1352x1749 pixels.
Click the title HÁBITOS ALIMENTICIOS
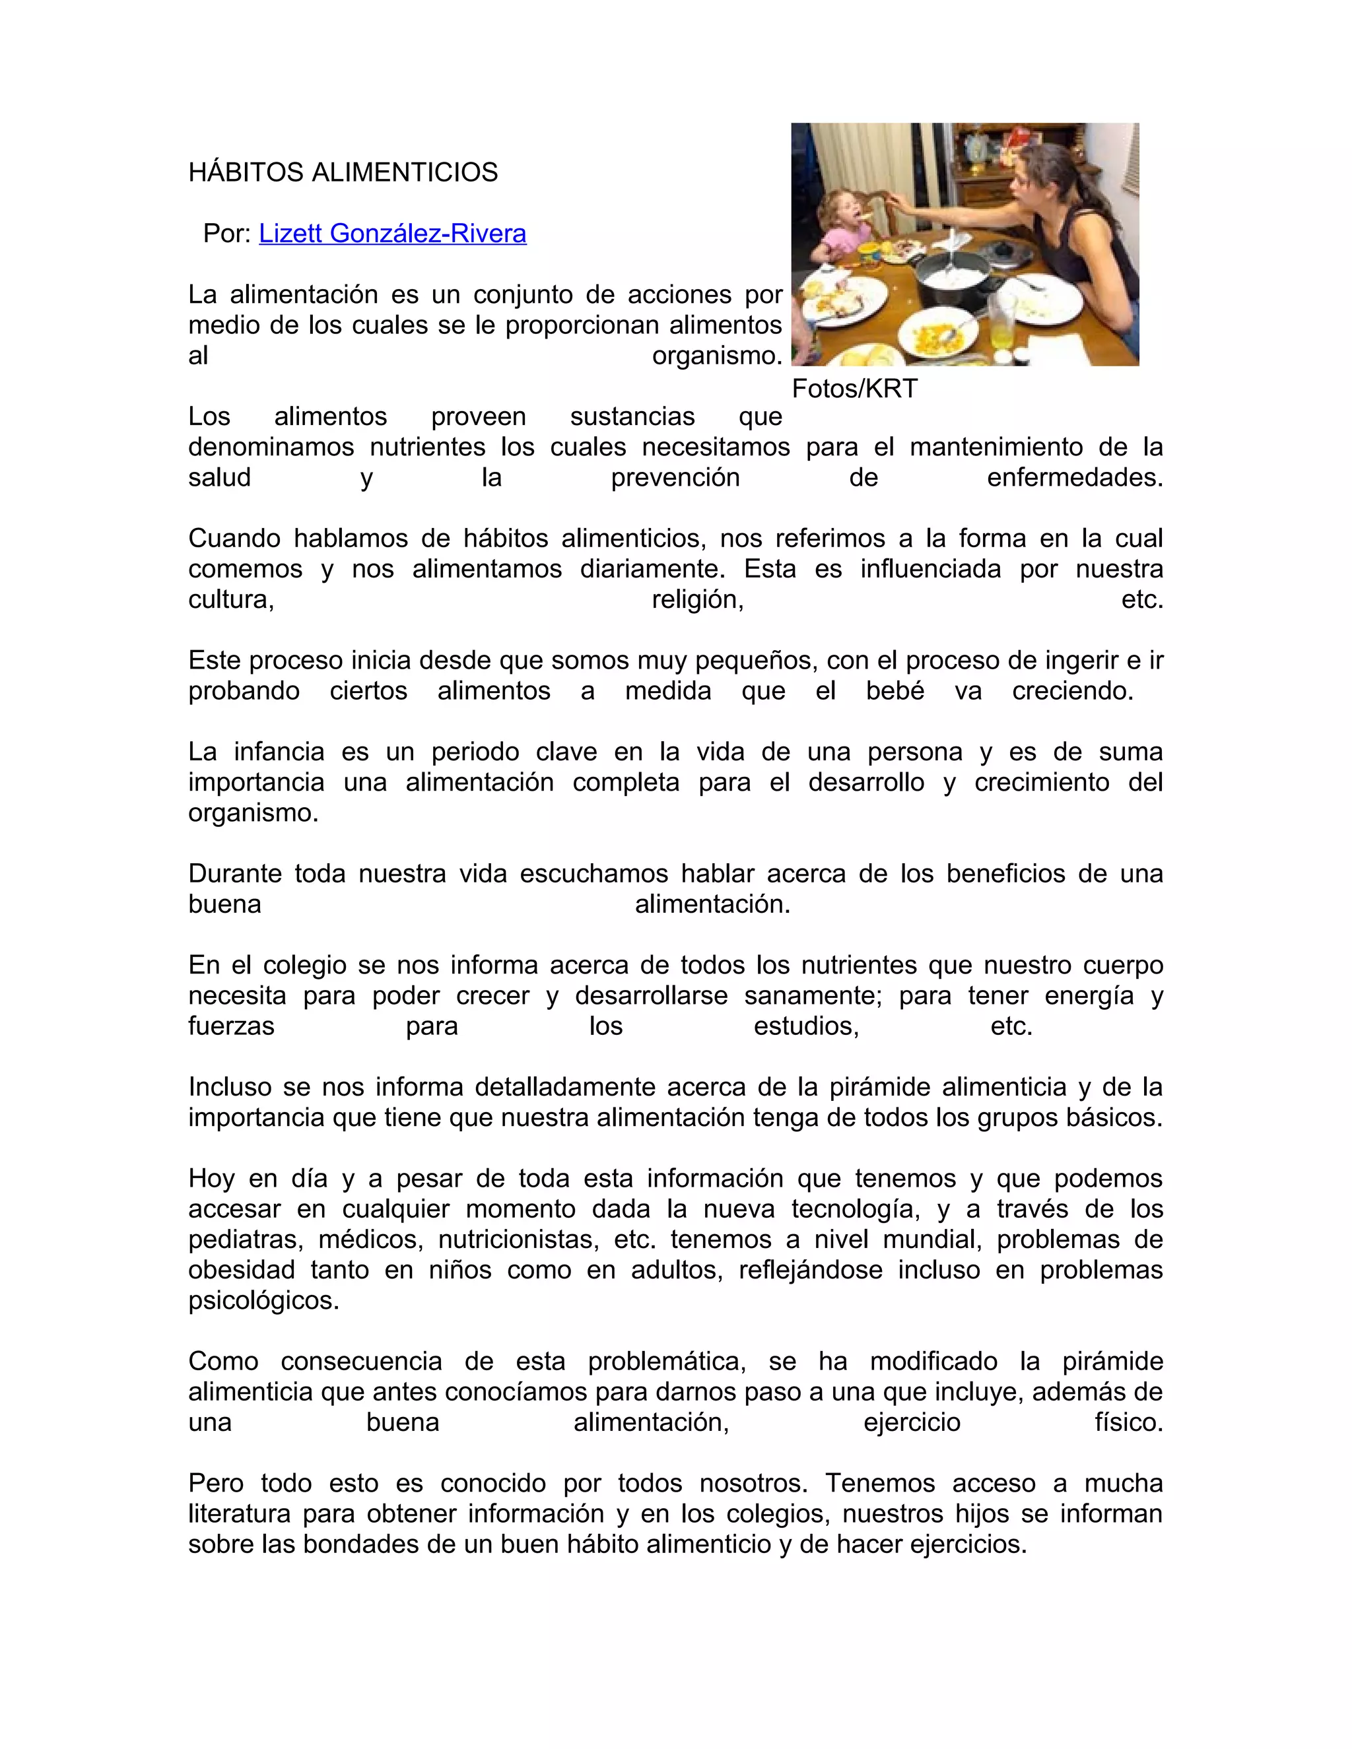click(343, 172)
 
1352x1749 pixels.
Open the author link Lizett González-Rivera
click(393, 233)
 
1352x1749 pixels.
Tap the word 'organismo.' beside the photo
click(717, 355)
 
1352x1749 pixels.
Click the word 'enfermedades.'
click(1074, 477)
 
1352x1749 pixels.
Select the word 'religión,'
click(698, 599)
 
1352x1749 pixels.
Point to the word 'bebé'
click(895, 690)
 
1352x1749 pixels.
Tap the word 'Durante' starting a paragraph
click(234, 873)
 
